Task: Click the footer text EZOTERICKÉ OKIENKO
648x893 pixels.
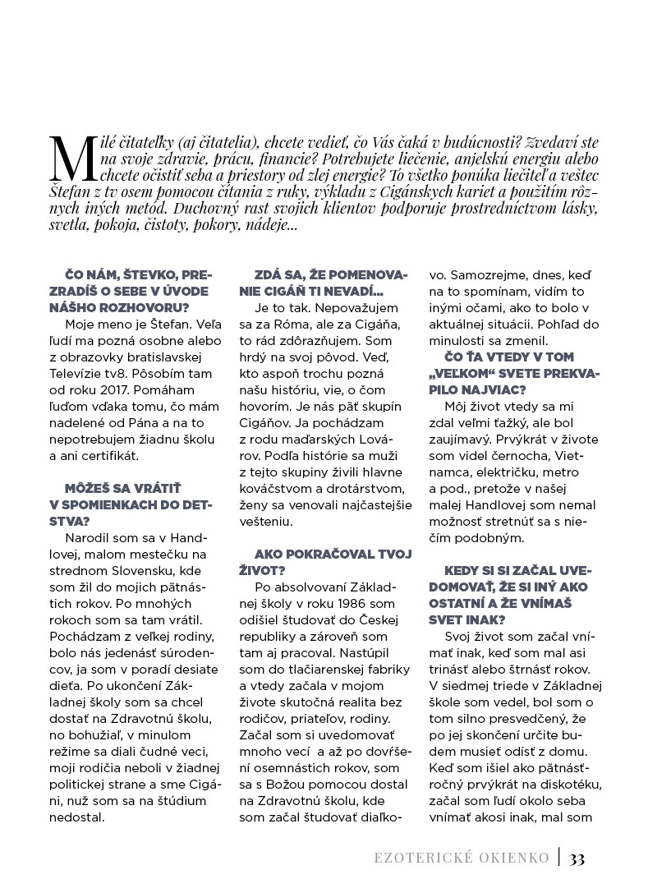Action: (461, 858)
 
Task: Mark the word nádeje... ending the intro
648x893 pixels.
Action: (261, 224)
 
